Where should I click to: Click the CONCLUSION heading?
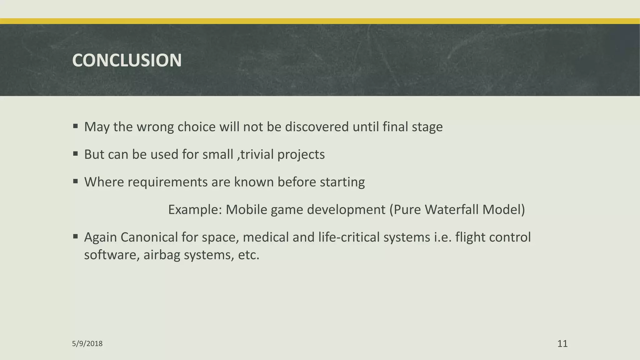click(127, 60)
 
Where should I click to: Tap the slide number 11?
click(562, 344)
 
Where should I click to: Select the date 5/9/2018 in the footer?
click(87, 344)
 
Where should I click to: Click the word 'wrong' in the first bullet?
click(155, 127)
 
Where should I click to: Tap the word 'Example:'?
click(195, 210)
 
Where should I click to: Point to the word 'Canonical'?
click(149, 237)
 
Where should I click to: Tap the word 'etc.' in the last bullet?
click(249, 255)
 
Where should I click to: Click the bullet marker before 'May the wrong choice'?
click(75, 126)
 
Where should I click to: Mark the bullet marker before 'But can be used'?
click(75, 154)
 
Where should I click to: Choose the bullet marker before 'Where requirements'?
click(75, 181)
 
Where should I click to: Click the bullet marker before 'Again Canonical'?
click(75, 237)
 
